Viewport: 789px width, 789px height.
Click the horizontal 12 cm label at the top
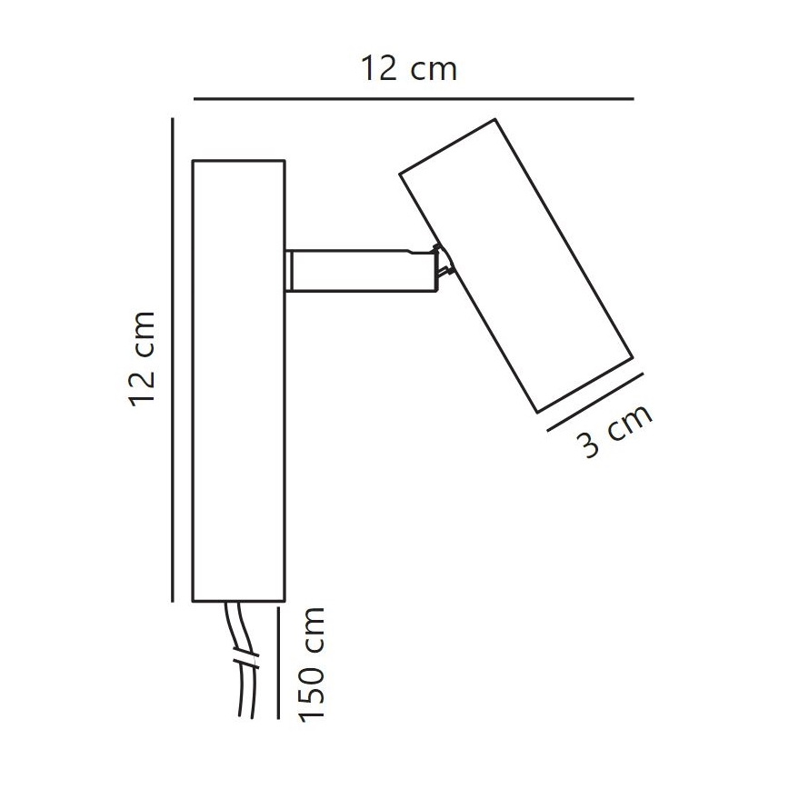408,69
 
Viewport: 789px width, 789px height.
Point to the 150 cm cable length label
313,664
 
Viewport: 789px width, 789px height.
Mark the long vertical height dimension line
173,359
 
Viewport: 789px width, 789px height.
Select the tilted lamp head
515,264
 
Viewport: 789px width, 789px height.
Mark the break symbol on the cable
241,656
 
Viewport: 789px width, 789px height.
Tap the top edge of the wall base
239,161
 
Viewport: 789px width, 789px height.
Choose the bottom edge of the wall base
239,601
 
